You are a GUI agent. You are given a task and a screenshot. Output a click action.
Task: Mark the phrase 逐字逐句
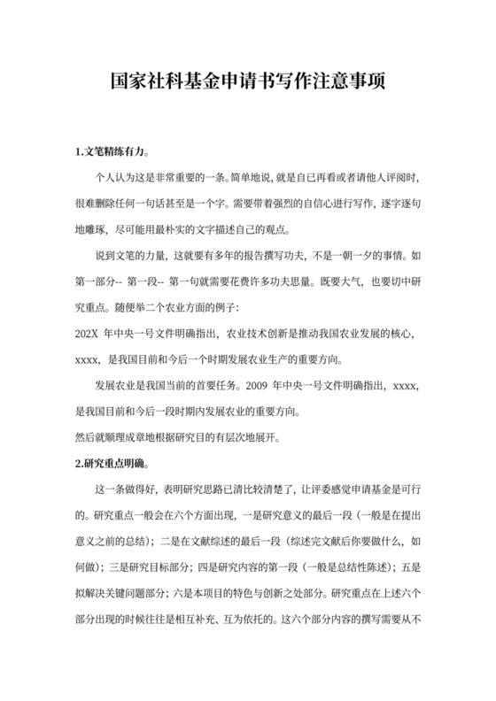pos(391,203)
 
